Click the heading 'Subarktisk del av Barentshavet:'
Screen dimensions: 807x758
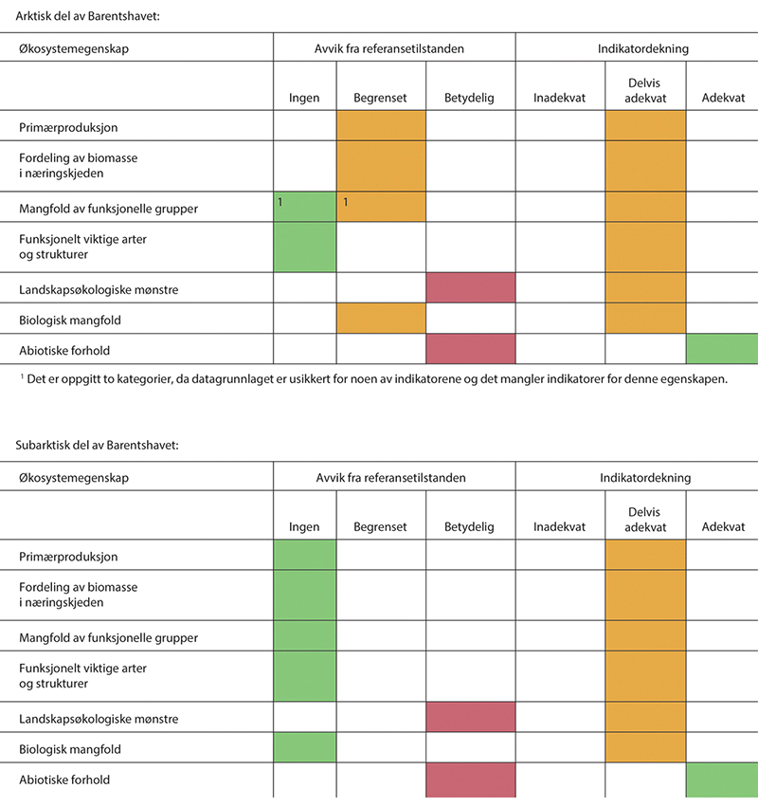(x=98, y=445)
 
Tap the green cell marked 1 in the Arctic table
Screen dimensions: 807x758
(x=305, y=207)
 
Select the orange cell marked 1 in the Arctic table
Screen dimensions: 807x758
(x=381, y=207)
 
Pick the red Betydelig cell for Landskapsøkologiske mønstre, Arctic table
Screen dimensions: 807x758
(x=471, y=287)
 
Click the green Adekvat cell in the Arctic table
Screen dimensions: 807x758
(x=722, y=349)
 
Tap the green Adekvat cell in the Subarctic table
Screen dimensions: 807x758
(x=722, y=779)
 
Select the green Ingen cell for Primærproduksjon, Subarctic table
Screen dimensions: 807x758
(x=305, y=556)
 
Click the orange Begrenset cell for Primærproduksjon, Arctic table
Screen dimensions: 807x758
(x=381, y=126)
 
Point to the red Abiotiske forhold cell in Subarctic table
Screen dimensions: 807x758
(x=471, y=779)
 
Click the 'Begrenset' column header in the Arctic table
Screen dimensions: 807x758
(x=380, y=98)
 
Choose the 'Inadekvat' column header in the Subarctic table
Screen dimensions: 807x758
(x=559, y=527)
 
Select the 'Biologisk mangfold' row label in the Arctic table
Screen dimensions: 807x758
(x=70, y=321)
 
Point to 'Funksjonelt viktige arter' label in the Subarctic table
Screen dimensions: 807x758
(x=83, y=669)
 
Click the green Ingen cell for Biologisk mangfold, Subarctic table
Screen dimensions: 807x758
(x=305, y=749)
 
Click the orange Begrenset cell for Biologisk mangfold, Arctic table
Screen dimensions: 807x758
(x=381, y=319)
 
